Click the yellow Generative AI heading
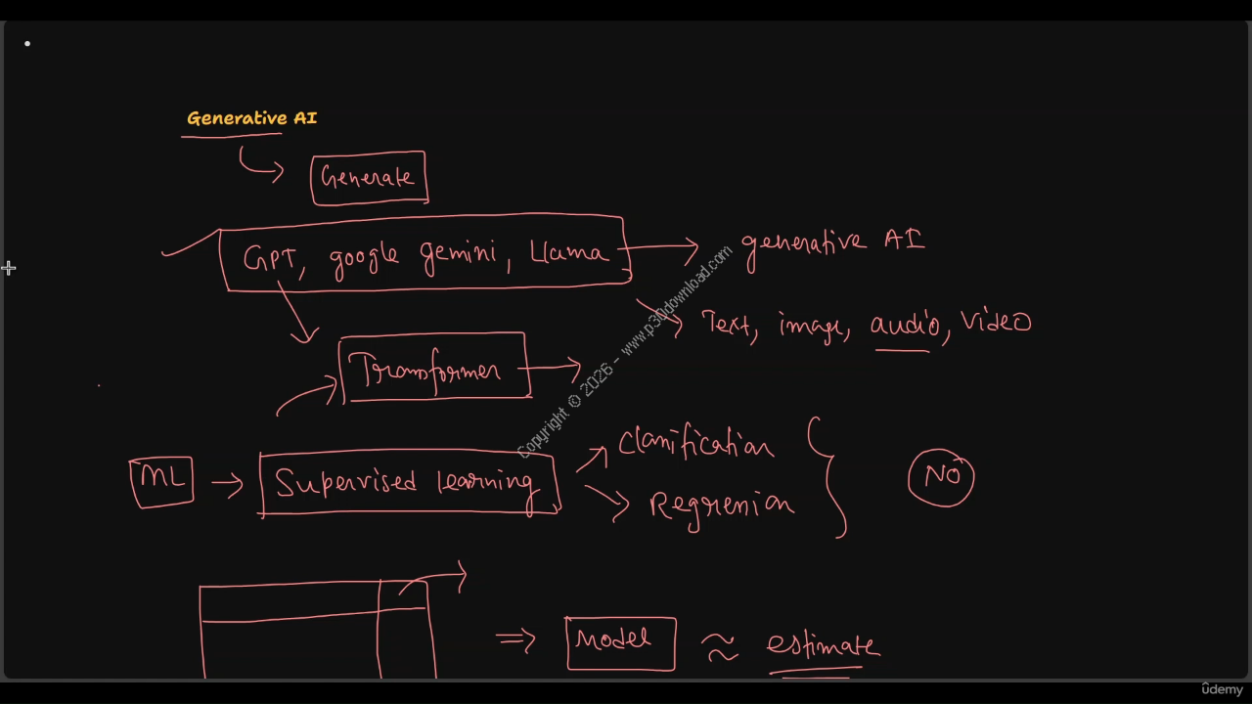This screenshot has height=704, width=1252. tap(251, 118)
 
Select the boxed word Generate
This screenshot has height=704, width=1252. tap(368, 178)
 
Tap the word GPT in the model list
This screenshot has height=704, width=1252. tap(269, 259)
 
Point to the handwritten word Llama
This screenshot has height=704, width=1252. tap(569, 252)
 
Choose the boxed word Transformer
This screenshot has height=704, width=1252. tap(432, 370)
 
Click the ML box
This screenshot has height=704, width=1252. tap(161, 480)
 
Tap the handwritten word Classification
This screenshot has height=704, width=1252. tap(695, 444)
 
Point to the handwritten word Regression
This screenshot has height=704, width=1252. tap(721, 506)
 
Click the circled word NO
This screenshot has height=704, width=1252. tap(941, 476)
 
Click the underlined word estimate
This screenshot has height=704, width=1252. tap(822, 646)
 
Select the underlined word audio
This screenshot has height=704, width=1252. tap(905, 325)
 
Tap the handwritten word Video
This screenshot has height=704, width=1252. tap(996, 322)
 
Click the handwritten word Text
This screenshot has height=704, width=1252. tap(728, 324)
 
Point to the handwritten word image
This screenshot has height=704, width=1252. tap(810, 326)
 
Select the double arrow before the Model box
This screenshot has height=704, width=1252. tap(515, 639)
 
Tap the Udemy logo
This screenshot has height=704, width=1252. tap(1222, 689)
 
